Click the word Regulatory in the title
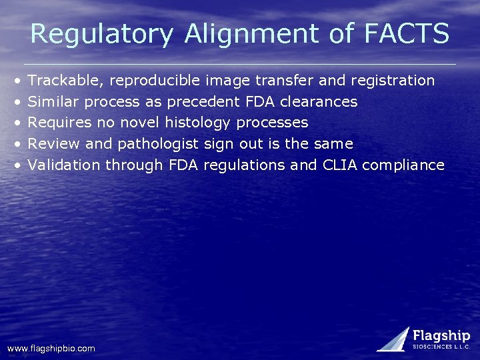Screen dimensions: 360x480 coord(101,34)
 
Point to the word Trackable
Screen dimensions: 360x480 coord(65,81)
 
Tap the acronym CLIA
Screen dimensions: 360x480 coord(339,165)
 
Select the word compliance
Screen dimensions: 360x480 coord(403,165)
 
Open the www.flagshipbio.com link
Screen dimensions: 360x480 coord(51,348)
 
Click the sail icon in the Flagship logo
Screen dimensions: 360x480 coord(394,339)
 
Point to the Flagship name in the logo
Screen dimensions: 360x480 coord(441,335)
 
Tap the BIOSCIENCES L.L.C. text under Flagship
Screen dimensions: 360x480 coord(441,347)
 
